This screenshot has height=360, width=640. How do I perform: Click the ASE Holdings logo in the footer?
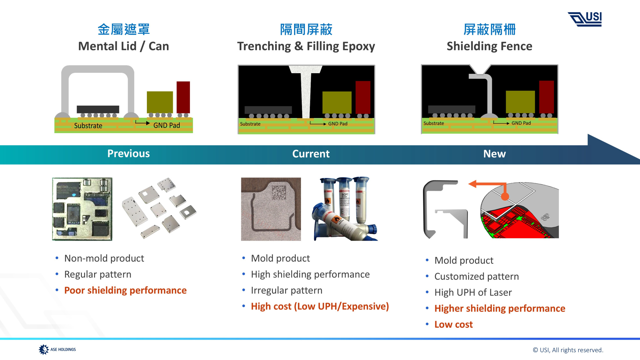pyautogui.click(x=57, y=349)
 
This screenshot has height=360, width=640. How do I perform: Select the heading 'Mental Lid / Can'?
pyautogui.click(x=123, y=46)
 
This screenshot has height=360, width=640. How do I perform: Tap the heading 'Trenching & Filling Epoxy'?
pyautogui.click(x=306, y=46)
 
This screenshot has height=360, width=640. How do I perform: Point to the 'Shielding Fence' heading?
pyautogui.click(x=489, y=46)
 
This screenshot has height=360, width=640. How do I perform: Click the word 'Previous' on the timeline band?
pyautogui.click(x=128, y=153)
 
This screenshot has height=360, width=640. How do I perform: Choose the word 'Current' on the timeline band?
pyautogui.click(x=311, y=154)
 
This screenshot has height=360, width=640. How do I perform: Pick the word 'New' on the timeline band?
pyautogui.click(x=494, y=154)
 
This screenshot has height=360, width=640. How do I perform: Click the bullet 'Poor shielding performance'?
pyautogui.click(x=125, y=290)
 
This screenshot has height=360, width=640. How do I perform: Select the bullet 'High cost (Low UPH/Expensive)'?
pyautogui.click(x=320, y=306)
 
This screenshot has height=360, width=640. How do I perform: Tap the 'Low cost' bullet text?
pyautogui.click(x=453, y=324)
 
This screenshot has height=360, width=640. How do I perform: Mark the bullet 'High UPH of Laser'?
pyautogui.click(x=473, y=292)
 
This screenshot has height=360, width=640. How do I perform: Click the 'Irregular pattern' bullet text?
pyautogui.click(x=287, y=290)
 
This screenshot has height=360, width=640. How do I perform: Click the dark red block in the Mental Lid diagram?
pyautogui.click(x=183, y=97)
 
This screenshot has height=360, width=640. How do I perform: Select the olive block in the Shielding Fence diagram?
pyautogui.click(x=520, y=102)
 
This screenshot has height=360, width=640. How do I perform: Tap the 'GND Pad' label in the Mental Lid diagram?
pyautogui.click(x=167, y=125)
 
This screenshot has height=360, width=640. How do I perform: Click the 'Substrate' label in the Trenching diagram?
pyautogui.click(x=250, y=124)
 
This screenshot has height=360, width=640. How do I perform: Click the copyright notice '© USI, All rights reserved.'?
pyautogui.click(x=568, y=350)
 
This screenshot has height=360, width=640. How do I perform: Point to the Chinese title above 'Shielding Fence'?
pyautogui.click(x=489, y=30)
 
